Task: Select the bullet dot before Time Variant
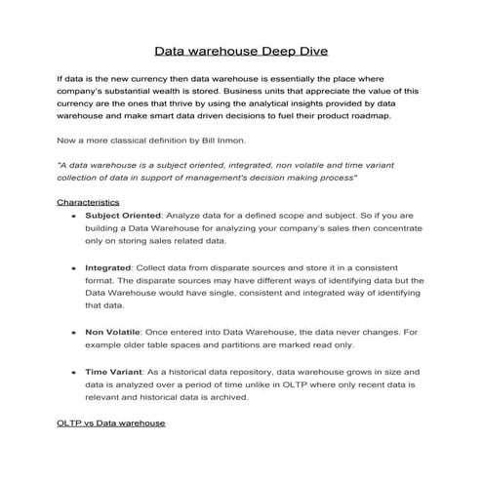(74, 372)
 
